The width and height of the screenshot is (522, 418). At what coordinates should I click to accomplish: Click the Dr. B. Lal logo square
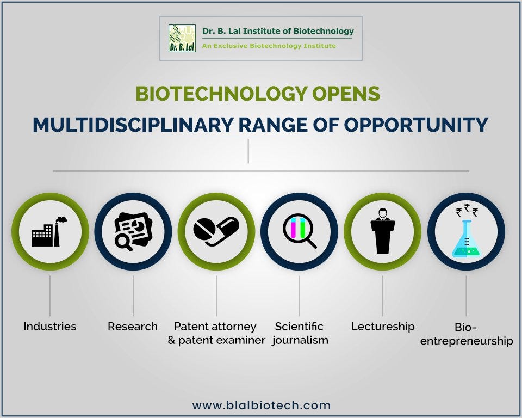pyautogui.click(x=182, y=38)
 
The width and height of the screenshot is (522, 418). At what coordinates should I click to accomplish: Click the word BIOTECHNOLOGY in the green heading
pyautogui.click(x=211, y=94)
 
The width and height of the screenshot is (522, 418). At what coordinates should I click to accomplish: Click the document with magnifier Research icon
pyautogui.click(x=133, y=231)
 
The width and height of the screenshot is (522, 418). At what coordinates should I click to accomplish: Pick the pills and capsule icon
pyautogui.click(x=216, y=231)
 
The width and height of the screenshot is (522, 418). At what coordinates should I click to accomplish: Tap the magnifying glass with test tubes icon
pyautogui.click(x=299, y=231)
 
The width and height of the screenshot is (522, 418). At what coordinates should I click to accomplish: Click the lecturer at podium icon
pyautogui.click(x=382, y=231)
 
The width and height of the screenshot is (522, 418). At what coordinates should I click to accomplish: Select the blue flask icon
pyautogui.click(x=466, y=239)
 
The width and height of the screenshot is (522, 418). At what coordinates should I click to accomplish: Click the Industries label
pyautogui.click(x=49, y=327)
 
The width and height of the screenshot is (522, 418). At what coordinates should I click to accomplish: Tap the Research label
pyautogui.click(x=133, y=327)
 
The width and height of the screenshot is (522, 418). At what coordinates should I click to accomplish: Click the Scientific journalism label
pyautogui.click(x=300, y=333)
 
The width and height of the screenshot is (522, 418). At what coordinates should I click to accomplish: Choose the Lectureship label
pyautogui.click(x=382, y=327)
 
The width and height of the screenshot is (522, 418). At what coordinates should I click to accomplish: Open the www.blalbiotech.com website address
pyautogui.click(x=261, y=405)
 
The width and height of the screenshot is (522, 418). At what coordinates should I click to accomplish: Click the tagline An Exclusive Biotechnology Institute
pyautogui.click(x=269, y=46)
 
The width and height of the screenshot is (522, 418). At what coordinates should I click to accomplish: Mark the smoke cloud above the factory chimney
pyautogui.click(x=61, y=220)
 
